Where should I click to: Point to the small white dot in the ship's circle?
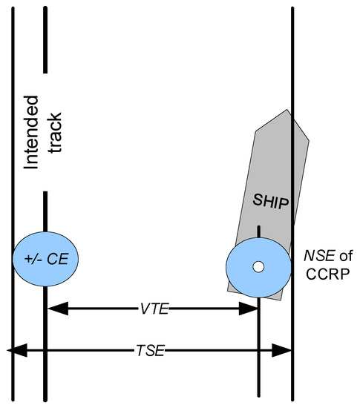coord(257,266)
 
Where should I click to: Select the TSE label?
coord(151,349)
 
